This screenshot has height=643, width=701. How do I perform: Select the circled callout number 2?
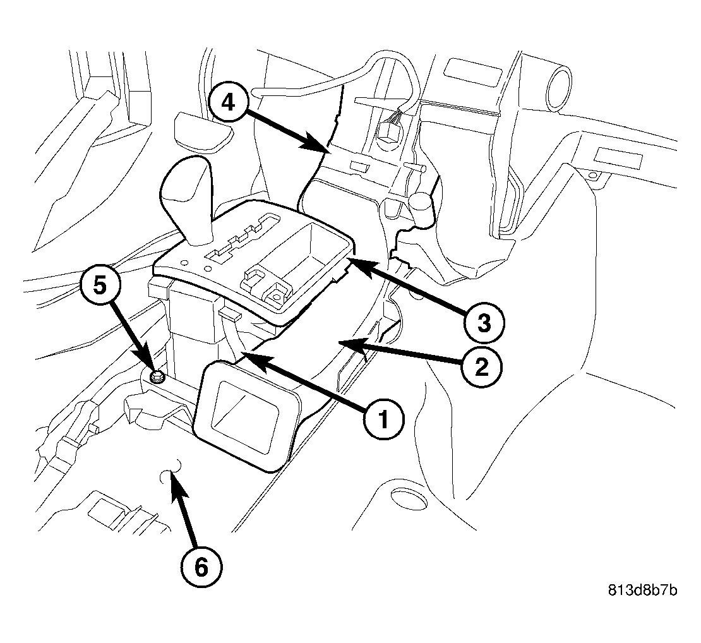coord(481,367)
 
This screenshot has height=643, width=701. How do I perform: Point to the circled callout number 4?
coord(229,103)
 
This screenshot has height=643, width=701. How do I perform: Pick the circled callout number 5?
coord(100,286)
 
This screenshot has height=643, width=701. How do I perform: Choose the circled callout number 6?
coord(201,568)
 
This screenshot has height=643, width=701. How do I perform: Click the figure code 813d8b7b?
coord(642,590)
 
